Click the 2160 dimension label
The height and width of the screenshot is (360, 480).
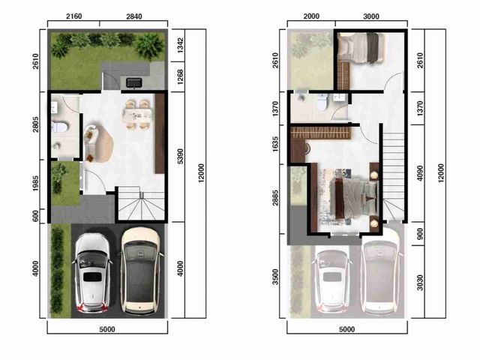[73, 16]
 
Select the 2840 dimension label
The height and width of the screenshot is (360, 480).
[134, 16]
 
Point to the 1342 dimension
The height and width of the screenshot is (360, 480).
[180, 45]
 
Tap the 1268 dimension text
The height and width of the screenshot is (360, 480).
[180, 76]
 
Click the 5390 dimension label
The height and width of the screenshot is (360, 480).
[180, 157]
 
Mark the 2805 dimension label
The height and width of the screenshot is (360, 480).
[36, 124]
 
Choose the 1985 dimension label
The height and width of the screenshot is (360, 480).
[36, 184]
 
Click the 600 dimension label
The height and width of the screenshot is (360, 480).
[36, 216]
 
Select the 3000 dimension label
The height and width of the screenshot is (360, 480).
[371, 16]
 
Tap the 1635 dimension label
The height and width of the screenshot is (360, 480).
[275, 144]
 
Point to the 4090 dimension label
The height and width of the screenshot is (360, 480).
[420, 173]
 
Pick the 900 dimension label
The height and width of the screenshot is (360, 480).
[420, 234]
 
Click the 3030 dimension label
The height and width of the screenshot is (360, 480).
[420, 283]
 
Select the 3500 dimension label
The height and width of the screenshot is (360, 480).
[275, 277]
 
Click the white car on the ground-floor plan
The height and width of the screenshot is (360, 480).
[92, 273]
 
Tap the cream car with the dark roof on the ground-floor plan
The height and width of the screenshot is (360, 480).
[140, 271]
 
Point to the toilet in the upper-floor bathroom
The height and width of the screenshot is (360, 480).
[322, 102]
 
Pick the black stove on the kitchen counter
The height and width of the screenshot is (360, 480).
[134, 82]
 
